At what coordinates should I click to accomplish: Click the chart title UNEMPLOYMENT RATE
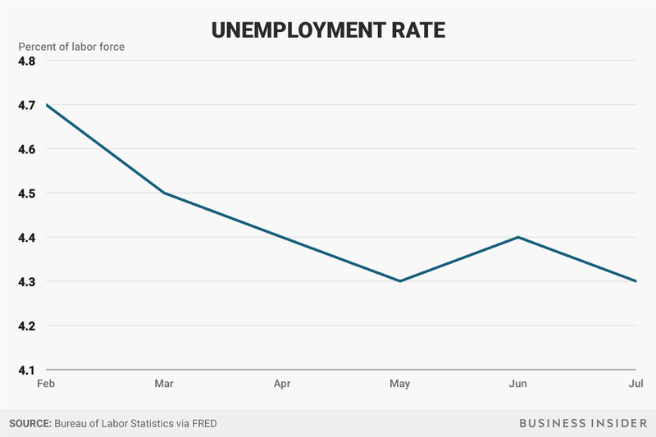pos(328,30)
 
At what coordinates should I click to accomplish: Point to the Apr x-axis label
pos(282,383)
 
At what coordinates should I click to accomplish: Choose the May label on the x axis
pos(399,383)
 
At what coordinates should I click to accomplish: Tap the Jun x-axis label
pos(517,383)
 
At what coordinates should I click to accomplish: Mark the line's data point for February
pos(48,105)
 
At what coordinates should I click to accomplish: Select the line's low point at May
pos(399,281)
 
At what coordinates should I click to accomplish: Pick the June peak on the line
pos(517,237)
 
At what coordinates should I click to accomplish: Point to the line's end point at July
pos(636,281)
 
